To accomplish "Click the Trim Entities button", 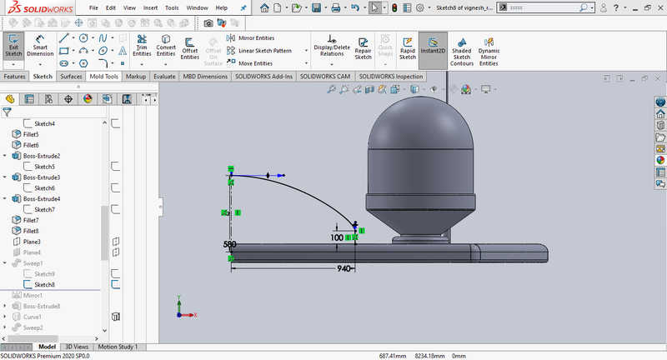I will click(142, 47).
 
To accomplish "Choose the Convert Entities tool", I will click(166, 47).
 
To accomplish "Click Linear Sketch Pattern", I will click(264, 51).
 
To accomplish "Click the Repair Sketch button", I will click(364, 48).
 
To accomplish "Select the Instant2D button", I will click(433, 47).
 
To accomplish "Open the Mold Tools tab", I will click(104, 76).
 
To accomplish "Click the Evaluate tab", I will click(164, 76).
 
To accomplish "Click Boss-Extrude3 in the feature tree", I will click(42, 177).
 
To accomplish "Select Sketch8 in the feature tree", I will click(44, 285).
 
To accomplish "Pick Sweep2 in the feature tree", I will click(33, 327).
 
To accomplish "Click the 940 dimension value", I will click(343, 269).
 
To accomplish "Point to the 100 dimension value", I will click(337, 237).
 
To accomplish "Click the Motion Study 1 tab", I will click(118, 347).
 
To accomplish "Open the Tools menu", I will click(172, 7).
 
